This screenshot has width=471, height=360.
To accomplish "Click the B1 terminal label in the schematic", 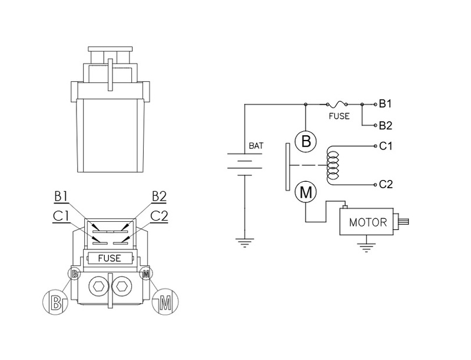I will point(386,104).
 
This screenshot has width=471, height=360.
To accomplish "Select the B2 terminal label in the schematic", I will point(386,125).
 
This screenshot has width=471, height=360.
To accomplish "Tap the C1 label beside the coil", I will point(386,145).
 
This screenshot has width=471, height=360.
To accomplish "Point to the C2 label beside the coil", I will point(386,185).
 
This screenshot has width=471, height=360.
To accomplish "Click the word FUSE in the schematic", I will point(339,116).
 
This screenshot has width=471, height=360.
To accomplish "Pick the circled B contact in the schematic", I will point(306,141).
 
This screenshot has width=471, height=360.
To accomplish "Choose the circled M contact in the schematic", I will point(306,192).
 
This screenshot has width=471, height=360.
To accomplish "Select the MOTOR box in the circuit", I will point(367,223).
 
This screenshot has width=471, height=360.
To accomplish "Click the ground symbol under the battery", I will point(243,241).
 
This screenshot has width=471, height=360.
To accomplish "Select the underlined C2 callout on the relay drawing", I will point(158,215).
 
